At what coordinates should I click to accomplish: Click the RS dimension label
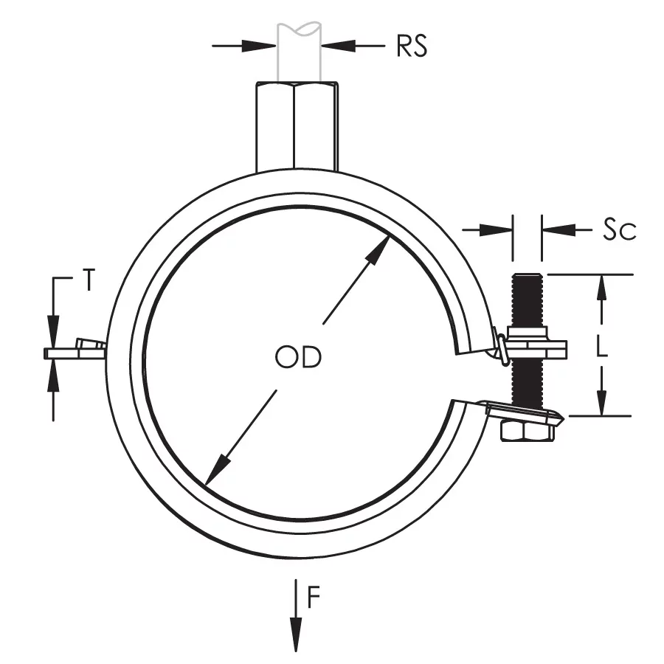click(412, 46)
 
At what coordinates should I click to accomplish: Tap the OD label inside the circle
click(298, 358)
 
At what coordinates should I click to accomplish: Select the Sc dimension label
click(618, 230)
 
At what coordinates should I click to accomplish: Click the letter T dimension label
click(88, 280)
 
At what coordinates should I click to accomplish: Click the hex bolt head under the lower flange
click(526, 431)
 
